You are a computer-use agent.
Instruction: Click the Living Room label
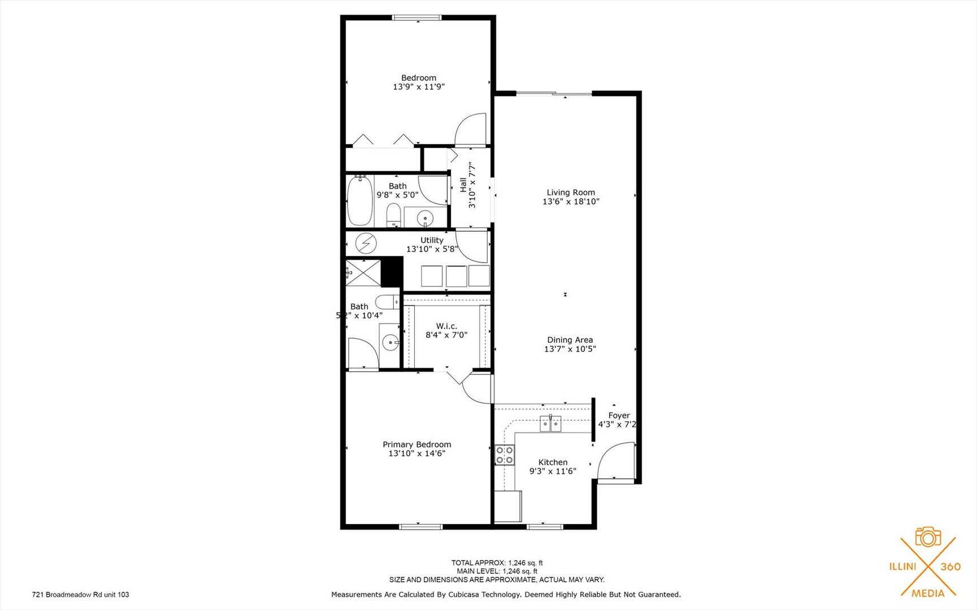pyautogui.click(x=571, y=193)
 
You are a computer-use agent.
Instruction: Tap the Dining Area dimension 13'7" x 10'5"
pyautogui.click(x=570, y=349)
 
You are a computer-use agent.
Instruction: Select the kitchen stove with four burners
pyautogui.click(x=505, y=455)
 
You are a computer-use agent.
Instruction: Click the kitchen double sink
pyautogui.click(x=550, y=423)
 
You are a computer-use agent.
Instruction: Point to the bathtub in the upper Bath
pyautogui.click(x=360, y=201)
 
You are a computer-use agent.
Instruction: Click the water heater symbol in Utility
pyautogui.click(x=366, y=243)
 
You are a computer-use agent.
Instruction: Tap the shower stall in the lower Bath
pyautogui.click(x=363, y=273)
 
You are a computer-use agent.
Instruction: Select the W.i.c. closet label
pyautogui.click(x=446, y=326)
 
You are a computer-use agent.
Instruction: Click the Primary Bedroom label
pyautogui.click(x=416, y=445)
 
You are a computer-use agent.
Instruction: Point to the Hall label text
pyautogui.click(x=463, y=185)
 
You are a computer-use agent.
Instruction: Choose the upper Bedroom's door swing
pyautogui.click(x=470, y=130)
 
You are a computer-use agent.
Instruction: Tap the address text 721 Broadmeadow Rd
pyautogui.click(x=80, y=594)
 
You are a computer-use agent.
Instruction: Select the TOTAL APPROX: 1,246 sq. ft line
pyautogui.click(x=497, y=563)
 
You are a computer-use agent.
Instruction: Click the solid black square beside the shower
pyautogui.click(x=392, y=272)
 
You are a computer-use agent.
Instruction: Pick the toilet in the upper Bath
pyautogui.click(x=393, y=215)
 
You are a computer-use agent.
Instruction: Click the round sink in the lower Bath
pyautogui.click(x=390, y=342)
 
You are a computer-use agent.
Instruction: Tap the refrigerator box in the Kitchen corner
pyautogui.click(x=507, y=506)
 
